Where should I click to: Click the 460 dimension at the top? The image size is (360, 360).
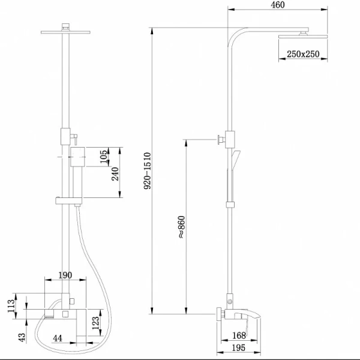coord(278,5)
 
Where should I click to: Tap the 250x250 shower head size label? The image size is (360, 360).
coord(303,54)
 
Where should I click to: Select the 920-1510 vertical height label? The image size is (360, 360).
coord(148,171)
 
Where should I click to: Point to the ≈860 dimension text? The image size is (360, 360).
coord(181,227)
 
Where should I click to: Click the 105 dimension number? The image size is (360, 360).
coord(104,157)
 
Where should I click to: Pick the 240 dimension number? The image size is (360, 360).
coord(115,174)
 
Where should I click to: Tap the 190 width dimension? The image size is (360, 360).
coord(65,275)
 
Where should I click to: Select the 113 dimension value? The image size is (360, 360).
coord(11,306)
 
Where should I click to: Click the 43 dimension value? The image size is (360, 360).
coord(22,337)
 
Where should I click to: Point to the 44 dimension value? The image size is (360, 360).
coord(58,338)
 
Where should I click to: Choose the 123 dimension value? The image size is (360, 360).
coord(96,323)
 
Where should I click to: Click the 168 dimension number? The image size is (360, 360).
coord(239,335)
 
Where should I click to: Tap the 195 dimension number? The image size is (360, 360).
coord(239,348)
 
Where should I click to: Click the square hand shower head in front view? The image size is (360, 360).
coord(77,157)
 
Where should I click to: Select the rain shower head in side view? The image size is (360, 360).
coord(303,37)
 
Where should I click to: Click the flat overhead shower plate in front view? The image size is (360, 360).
coord(65,32)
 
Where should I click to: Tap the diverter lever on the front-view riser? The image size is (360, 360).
coord(74,139)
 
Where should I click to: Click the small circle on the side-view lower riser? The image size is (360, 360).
coord(230,301)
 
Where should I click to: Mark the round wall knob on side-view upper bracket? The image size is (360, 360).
coord(219,139)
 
